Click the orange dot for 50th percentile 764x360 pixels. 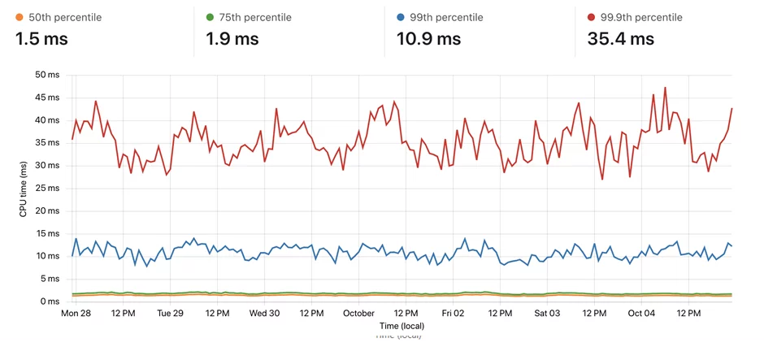(20, 17)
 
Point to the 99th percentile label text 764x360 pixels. (452, 17)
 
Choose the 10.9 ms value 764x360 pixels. (428, 38)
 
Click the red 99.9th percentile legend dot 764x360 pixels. (592, 17)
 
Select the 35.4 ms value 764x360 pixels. (620, 38)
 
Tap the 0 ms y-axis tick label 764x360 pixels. (51, 301)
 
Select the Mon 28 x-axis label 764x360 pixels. (76, 313)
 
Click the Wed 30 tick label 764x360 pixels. (264, 313)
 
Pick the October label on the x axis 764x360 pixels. (358, 313)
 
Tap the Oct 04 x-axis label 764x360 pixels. (641, 313)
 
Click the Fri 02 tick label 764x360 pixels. (453, 313)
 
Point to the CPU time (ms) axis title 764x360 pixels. (24, 188)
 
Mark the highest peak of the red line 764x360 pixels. (665, 88)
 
